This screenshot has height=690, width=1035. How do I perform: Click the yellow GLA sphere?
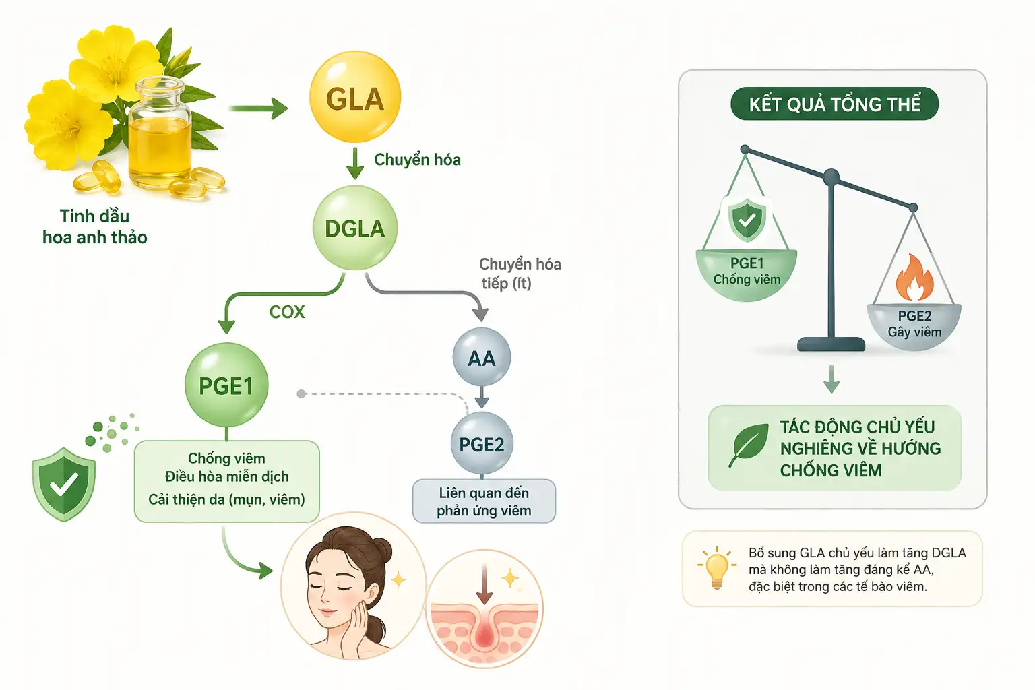coord(355,96)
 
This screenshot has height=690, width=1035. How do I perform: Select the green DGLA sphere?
coord(355,228)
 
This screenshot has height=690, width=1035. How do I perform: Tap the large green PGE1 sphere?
coord(226,385)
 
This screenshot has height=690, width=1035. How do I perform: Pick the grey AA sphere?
coord(482,357)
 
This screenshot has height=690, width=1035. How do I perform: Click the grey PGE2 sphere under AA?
coord(482,443)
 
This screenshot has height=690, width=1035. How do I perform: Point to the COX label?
coord(287,312)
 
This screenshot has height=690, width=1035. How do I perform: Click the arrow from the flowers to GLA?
coord(258,108)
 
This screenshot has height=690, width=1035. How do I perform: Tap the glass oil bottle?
coord(160,134)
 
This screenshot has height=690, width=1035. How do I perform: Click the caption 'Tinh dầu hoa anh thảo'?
coord(95,226)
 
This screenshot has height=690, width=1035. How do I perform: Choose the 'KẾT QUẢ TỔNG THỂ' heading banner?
coord(834,104)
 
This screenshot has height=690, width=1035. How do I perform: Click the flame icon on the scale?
coord(914,278)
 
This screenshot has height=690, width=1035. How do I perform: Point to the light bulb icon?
coord(717,567)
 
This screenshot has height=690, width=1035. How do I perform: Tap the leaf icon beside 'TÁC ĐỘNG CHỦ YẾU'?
coord(749,445)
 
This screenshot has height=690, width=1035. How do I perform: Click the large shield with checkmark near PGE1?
coord(64,484)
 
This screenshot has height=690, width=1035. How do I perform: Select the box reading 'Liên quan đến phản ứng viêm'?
coord(484,501)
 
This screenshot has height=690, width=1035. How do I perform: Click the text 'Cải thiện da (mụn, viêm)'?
coord(226,499)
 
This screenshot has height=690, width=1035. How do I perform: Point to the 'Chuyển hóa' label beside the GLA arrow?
coord(417,160)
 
